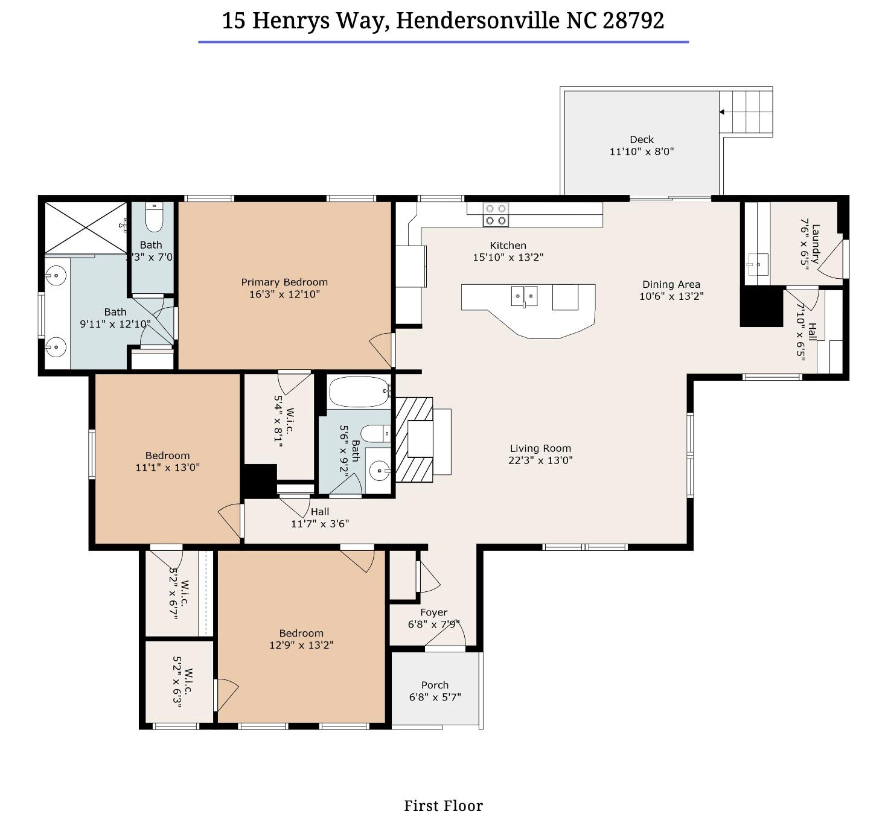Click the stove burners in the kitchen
tap(496, 214)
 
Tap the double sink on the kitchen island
tap(523, 296)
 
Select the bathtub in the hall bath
tap(359, 392)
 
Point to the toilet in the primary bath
tap(154, 217)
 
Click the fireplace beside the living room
tap(414, 439)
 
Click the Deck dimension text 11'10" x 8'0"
tap(641, 151)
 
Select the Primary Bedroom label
tap(284, 282)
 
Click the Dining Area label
tap(671, 284)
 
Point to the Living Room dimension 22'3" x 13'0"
tap(540, 460)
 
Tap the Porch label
tap(435, 685)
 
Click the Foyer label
tap(433, 612)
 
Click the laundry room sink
tap(758, 264)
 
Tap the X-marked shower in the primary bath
tap(86, 227)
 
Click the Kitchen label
tap(508, 246)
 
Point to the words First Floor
tap(443, 806)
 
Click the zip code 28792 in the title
tap(633, 21)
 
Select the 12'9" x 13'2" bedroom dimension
tap(301, 645)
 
